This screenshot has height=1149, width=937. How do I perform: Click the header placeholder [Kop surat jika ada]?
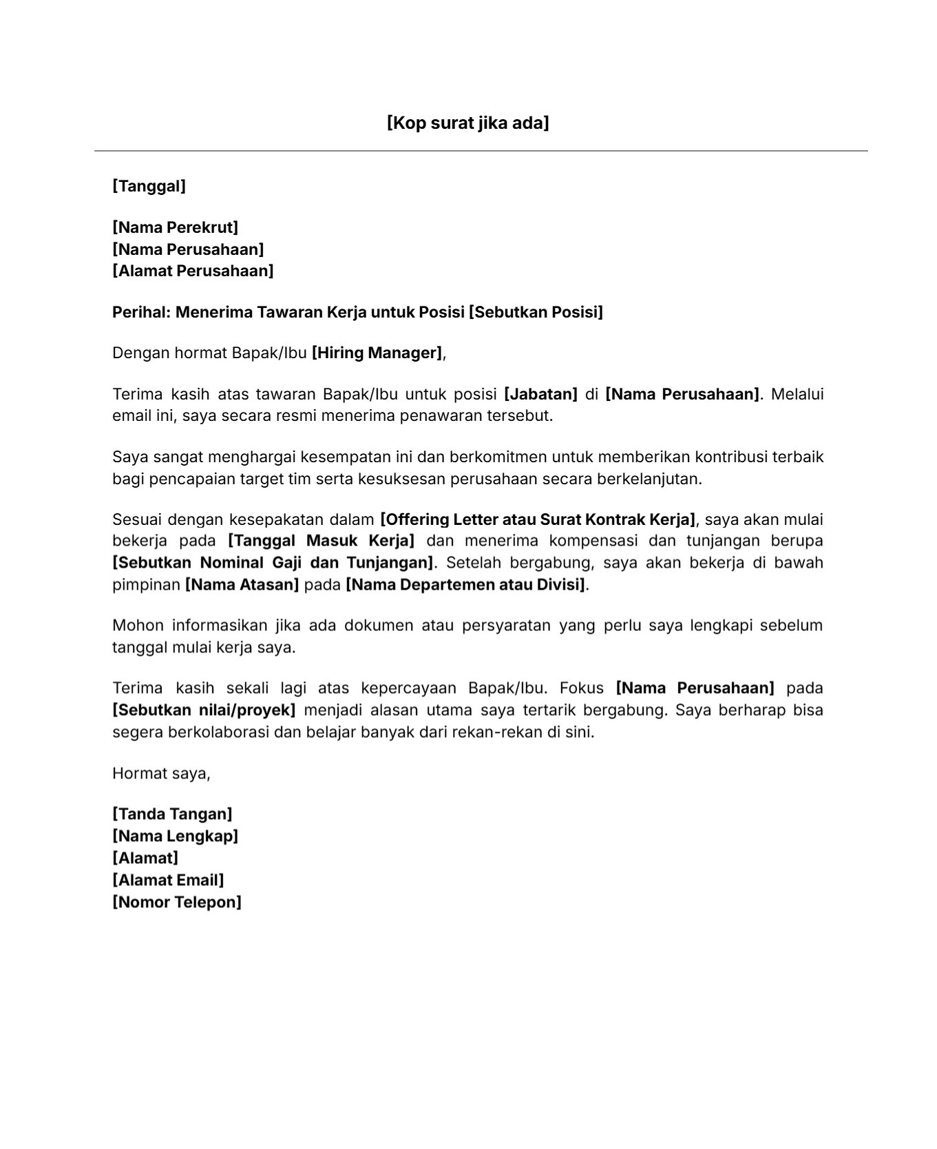[467, 123]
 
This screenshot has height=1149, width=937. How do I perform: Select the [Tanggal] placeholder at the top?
[149, 186]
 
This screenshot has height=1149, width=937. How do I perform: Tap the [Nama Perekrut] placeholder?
[175, 227]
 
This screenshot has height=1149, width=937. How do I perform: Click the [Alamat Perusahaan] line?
[193, 271]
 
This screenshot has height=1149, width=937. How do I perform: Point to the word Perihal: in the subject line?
[141, 312]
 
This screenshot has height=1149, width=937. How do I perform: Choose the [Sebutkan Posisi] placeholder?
[535, 312]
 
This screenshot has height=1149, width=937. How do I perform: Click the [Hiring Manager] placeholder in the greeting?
[377, 353]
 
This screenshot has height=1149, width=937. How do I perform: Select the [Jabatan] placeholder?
[540, 394]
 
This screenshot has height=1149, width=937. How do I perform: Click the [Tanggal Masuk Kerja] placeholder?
[321, 541]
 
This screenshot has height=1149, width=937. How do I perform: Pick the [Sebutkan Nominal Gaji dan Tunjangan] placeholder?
[273, 563]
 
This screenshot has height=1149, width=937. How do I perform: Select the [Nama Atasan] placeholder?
[242, 585]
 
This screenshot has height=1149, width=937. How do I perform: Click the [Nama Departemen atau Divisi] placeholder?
[465, 585]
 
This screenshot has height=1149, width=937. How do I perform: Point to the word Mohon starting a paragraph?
[138, 625]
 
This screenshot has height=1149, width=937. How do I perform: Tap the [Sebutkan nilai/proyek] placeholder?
[204, 710]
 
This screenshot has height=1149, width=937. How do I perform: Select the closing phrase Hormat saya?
[161, 774]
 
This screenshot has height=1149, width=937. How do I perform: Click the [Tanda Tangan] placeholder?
[172, 814]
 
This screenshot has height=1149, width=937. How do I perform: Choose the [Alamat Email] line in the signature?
[168, 880]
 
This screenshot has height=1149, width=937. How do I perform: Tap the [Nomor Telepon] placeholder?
[177, 902]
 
